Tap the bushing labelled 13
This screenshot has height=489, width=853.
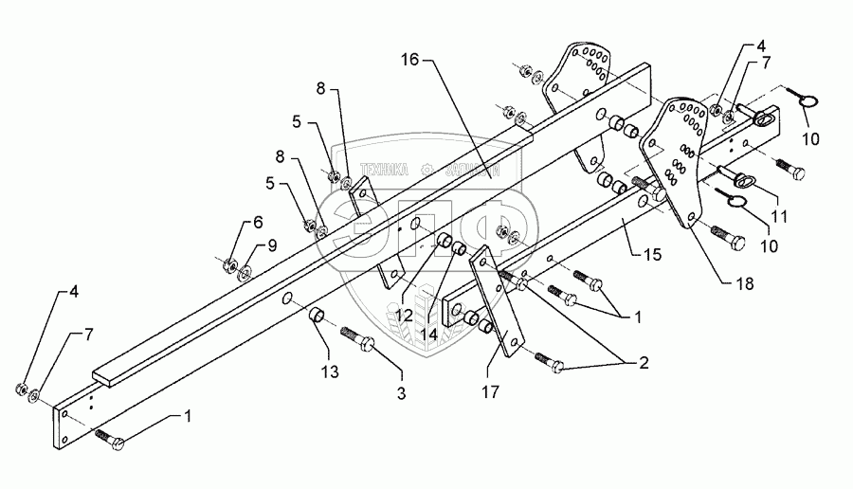click(x=320, y=315)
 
